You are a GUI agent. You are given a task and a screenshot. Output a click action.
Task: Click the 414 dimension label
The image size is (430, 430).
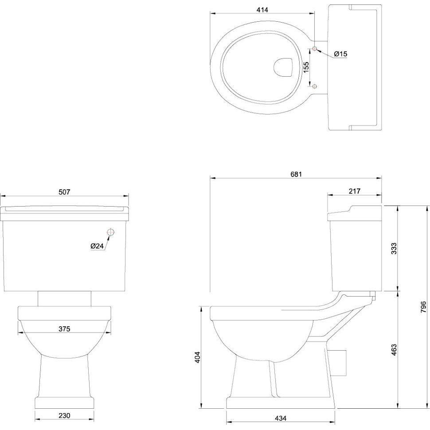(262, 10)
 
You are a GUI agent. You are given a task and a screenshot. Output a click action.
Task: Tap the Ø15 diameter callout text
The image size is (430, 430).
(340, 54)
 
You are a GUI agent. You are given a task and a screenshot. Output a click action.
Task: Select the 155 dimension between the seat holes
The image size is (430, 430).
(306, 67)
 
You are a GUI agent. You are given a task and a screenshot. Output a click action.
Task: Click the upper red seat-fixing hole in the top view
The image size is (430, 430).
(315, 49)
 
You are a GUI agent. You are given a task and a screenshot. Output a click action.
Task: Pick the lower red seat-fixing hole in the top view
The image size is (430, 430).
(315, 86)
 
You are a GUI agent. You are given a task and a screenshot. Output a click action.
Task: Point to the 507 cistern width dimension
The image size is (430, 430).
(64, 192)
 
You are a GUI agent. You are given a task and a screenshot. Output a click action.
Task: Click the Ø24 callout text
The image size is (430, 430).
(97, 246)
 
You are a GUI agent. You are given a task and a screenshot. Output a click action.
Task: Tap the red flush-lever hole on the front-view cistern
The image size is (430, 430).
(110, 232)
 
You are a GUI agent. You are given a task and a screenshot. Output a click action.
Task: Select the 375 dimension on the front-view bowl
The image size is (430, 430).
(64, 328)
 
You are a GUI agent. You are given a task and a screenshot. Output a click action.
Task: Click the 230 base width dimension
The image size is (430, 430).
(64, 415)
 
